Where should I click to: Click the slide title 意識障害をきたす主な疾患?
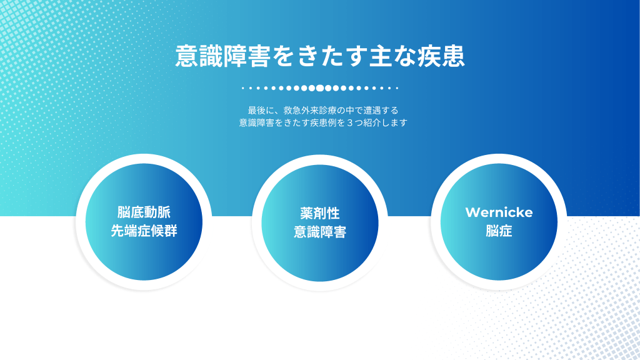[320, 56]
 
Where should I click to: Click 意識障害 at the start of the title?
[223, 56]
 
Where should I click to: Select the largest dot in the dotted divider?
[320, 87]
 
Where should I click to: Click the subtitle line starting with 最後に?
[323, 110]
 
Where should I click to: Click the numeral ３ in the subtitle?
[350, 122]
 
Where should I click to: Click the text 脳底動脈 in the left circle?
[144, 212]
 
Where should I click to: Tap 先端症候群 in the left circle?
[144, 231]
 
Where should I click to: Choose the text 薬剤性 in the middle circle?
[320, 213]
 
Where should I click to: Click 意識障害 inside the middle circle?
[320, 232]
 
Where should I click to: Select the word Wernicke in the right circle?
[499, 212]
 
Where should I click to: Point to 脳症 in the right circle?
[499, 231]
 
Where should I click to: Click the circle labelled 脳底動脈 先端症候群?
[144, 222]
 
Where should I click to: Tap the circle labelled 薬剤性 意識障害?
[320, 223]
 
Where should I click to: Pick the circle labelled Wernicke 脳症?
[499, 222]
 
